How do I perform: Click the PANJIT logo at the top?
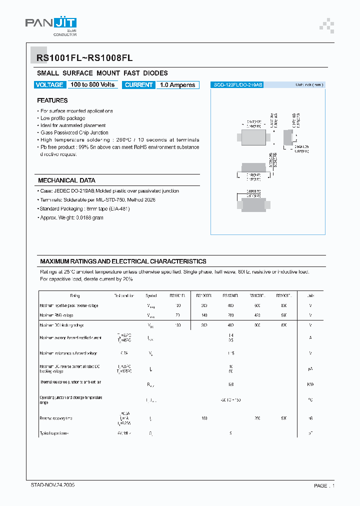[x=50, y=25]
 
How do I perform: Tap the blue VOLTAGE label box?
[x=49, y=85]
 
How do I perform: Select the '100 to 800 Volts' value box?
[x=92, y=85]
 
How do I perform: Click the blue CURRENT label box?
[x=138, y=85]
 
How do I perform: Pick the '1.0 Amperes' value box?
[x=177, y=85]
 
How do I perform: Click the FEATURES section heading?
[x=52, y=100]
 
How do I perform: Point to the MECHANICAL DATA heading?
[x=66, y=180]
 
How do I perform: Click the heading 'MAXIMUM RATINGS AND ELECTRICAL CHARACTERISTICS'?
[x=123, y=261]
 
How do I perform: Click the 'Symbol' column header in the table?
[x=151, y=296]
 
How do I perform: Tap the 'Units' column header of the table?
[x=310, y=296]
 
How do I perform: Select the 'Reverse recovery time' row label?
[x=56, y=418]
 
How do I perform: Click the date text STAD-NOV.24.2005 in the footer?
[x=53, y=485]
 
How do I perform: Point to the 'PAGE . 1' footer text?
[x=324, y=485]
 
